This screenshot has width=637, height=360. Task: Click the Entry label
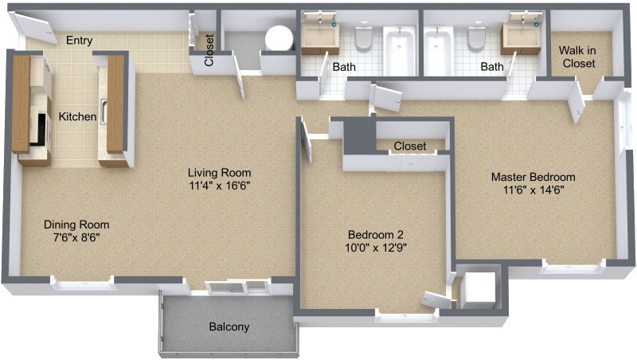coord(79,41)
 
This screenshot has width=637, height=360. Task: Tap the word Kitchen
coord(78,117)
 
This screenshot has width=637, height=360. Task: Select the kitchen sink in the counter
coord(104,112)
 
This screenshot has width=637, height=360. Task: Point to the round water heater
coord(279,37)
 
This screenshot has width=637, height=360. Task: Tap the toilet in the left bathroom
coord(364,37)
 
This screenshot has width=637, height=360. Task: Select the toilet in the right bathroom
coord(477,37)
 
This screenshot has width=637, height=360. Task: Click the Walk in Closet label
coord(578,56)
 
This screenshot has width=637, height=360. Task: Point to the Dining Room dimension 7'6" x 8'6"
coord(76,237)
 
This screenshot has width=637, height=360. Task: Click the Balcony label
coord(229,327)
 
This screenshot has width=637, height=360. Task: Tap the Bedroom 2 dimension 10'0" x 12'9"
coord(376,248)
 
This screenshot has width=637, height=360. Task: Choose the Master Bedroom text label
coord(533,177)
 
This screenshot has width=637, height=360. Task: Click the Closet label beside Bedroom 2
coord(409,147)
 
